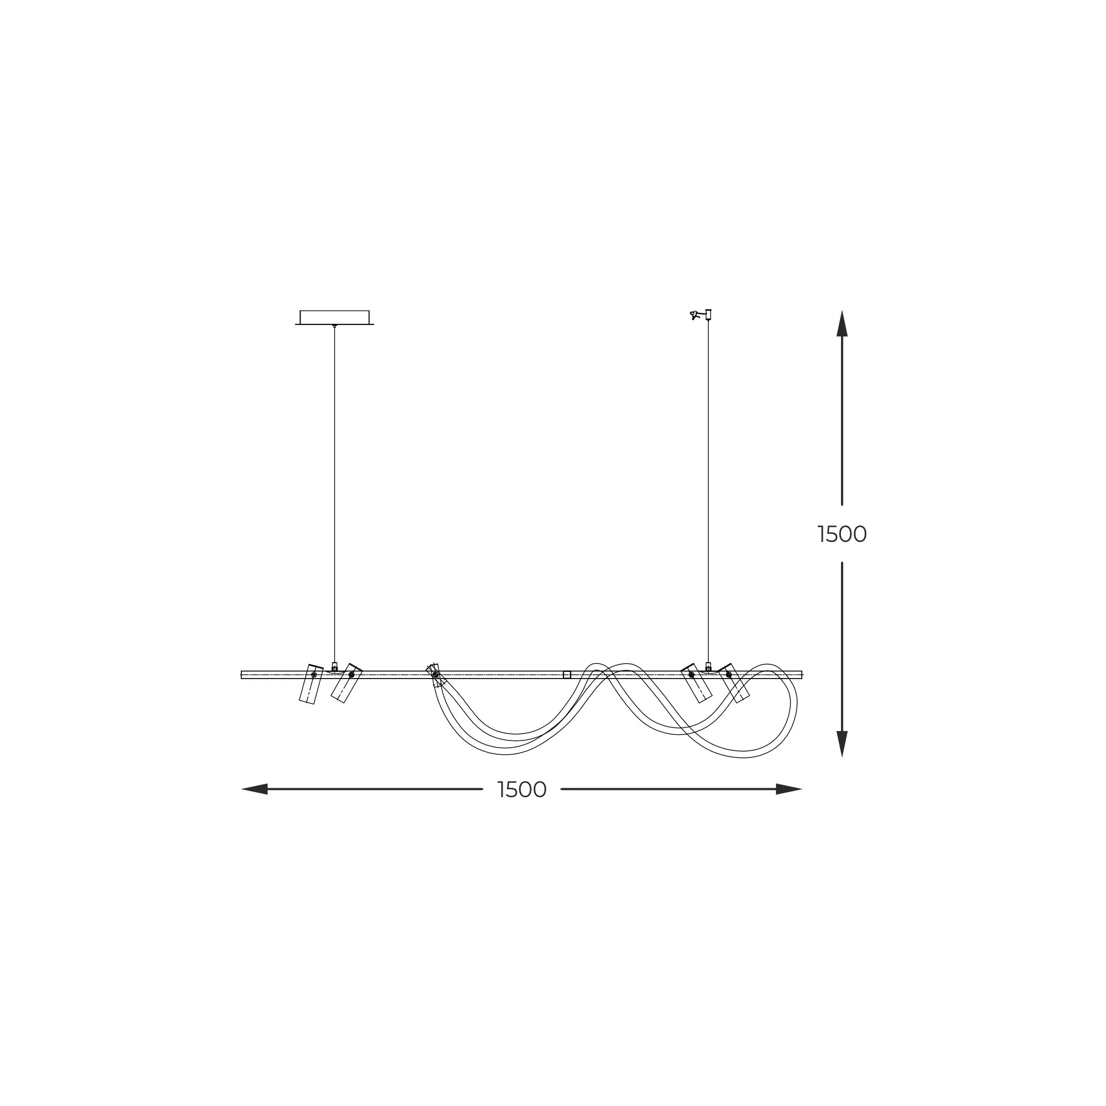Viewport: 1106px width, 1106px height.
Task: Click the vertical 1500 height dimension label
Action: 842,534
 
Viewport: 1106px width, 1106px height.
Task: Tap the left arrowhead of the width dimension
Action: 255,789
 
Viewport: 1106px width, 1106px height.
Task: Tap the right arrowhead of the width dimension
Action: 789,789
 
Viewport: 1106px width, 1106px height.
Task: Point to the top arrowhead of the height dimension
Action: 842,323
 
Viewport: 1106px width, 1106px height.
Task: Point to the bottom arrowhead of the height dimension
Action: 842,744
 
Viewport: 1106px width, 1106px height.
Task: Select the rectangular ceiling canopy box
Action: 334,318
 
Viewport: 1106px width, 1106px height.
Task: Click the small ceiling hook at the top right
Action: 701,315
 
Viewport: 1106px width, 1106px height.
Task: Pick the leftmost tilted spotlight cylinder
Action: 311,684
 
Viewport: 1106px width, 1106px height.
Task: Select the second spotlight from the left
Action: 346,683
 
